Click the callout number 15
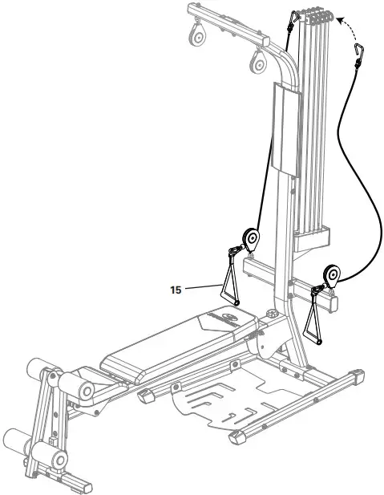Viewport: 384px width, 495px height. (175, 290)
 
